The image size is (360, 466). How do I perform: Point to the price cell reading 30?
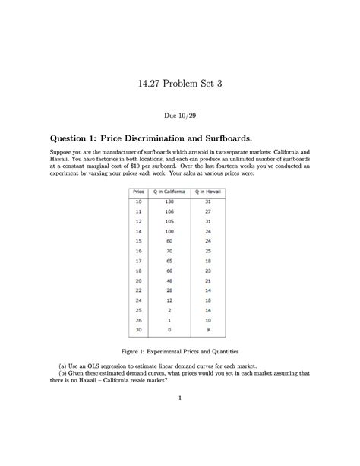139,331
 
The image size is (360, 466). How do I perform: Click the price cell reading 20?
139,281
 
